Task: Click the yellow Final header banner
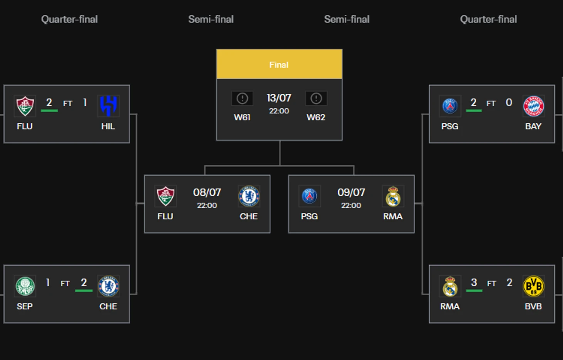279,64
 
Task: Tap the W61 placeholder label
242,117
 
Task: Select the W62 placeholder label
316,117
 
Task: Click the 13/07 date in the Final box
279,98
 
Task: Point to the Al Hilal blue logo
108,106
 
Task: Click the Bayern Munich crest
534,106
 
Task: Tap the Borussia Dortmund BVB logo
534,286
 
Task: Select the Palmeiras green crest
25,286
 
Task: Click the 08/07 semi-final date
207,192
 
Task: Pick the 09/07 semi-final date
351,192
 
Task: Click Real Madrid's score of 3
474,283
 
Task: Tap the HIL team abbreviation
108,126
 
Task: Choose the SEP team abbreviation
25,306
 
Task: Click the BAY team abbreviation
533,126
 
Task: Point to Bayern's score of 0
509,102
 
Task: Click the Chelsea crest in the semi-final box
249,196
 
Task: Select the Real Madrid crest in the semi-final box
393,196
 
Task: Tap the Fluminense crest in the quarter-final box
25,106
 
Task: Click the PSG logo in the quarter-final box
450,106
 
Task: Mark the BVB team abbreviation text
533,306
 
